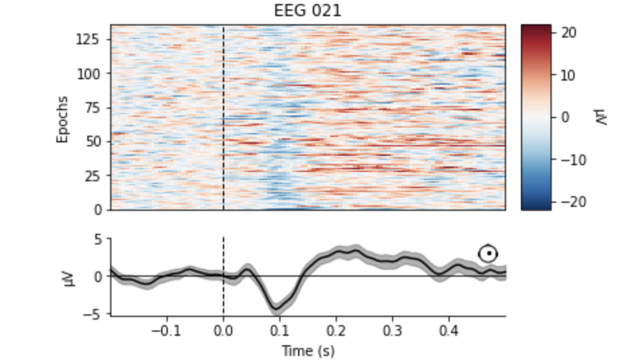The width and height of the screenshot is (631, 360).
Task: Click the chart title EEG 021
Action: pos(308,11)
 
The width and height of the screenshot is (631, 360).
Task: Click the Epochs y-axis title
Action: pos(62,119)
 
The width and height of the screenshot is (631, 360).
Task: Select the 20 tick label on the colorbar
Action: pos(569,32)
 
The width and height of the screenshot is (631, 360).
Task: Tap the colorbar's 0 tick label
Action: pos(565,117)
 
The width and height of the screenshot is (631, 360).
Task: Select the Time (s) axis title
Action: pos(308,350)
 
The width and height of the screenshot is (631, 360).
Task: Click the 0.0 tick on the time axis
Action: pos(224,330)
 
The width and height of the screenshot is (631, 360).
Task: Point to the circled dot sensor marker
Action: pos(489,253)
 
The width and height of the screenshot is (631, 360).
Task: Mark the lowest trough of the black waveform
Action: pos(276,308)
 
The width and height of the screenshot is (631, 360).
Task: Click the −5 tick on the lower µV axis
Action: pos(96,313)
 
